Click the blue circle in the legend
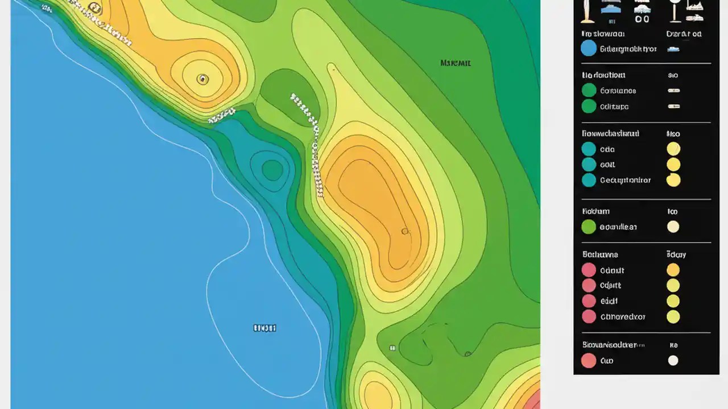click(589, 48)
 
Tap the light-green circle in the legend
click(589, 227)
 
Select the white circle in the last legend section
click(673, 360)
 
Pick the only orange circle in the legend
click(673, 270)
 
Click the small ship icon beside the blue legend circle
click(673, 49)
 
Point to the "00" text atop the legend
click(642, 19)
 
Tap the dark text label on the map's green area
click(456, 63)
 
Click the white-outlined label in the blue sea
click(264, 328)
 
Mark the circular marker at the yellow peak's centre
click(202, 79)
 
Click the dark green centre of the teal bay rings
click(272, 169)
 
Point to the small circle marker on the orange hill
click(405, 231)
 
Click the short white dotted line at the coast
click(222, 115)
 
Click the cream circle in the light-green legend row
click(673, 227)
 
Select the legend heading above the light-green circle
click(595, 211)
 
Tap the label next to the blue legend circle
click(628, 49)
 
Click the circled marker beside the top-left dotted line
click(94, 7)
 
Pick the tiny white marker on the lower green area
click(392, 348)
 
